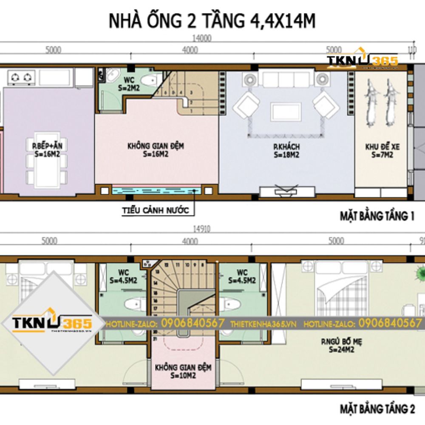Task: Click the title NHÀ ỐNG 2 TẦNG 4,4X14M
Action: [212, 20]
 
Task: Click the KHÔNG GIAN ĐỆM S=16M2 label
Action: [156, 150]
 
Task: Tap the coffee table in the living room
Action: [286, 112]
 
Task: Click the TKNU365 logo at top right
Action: [362, 62]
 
